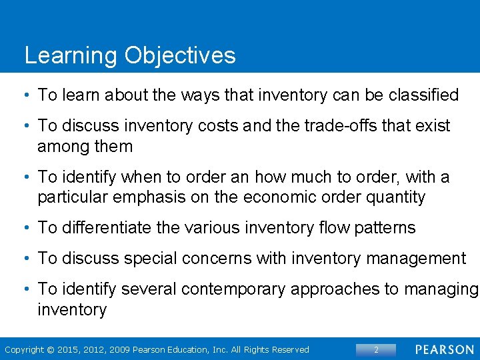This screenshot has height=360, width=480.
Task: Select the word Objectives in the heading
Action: [179, 56]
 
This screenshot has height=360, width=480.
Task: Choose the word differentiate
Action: [103, 228]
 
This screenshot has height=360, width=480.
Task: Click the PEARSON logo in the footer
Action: [445, 349]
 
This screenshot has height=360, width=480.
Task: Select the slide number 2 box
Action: [376, 349]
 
